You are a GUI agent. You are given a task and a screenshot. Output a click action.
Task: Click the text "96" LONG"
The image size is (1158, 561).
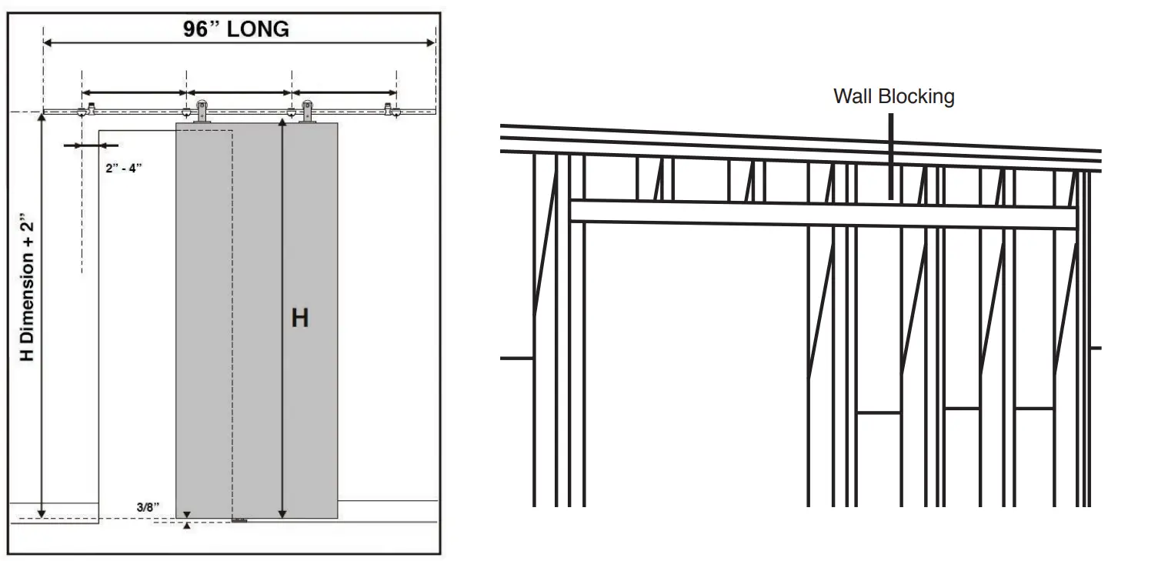click(236, 29)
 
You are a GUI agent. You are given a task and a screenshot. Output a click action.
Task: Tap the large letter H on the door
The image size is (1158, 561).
click(299, 317)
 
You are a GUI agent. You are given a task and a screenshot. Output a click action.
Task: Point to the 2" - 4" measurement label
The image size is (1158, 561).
click(124, 169)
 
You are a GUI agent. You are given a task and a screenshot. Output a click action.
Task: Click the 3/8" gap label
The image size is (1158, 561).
click(148, 506)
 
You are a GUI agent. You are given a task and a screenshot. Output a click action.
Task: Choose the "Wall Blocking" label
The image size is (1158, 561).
click(893, 96)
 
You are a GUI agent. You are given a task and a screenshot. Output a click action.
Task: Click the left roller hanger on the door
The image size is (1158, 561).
click(202, 112)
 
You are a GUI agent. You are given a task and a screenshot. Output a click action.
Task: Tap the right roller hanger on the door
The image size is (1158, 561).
click(308, 112)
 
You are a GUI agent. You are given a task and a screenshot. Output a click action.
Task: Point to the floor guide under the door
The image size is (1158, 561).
click(241, 520)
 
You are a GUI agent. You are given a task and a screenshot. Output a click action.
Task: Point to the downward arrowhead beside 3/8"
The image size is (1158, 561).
click(186, 514)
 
